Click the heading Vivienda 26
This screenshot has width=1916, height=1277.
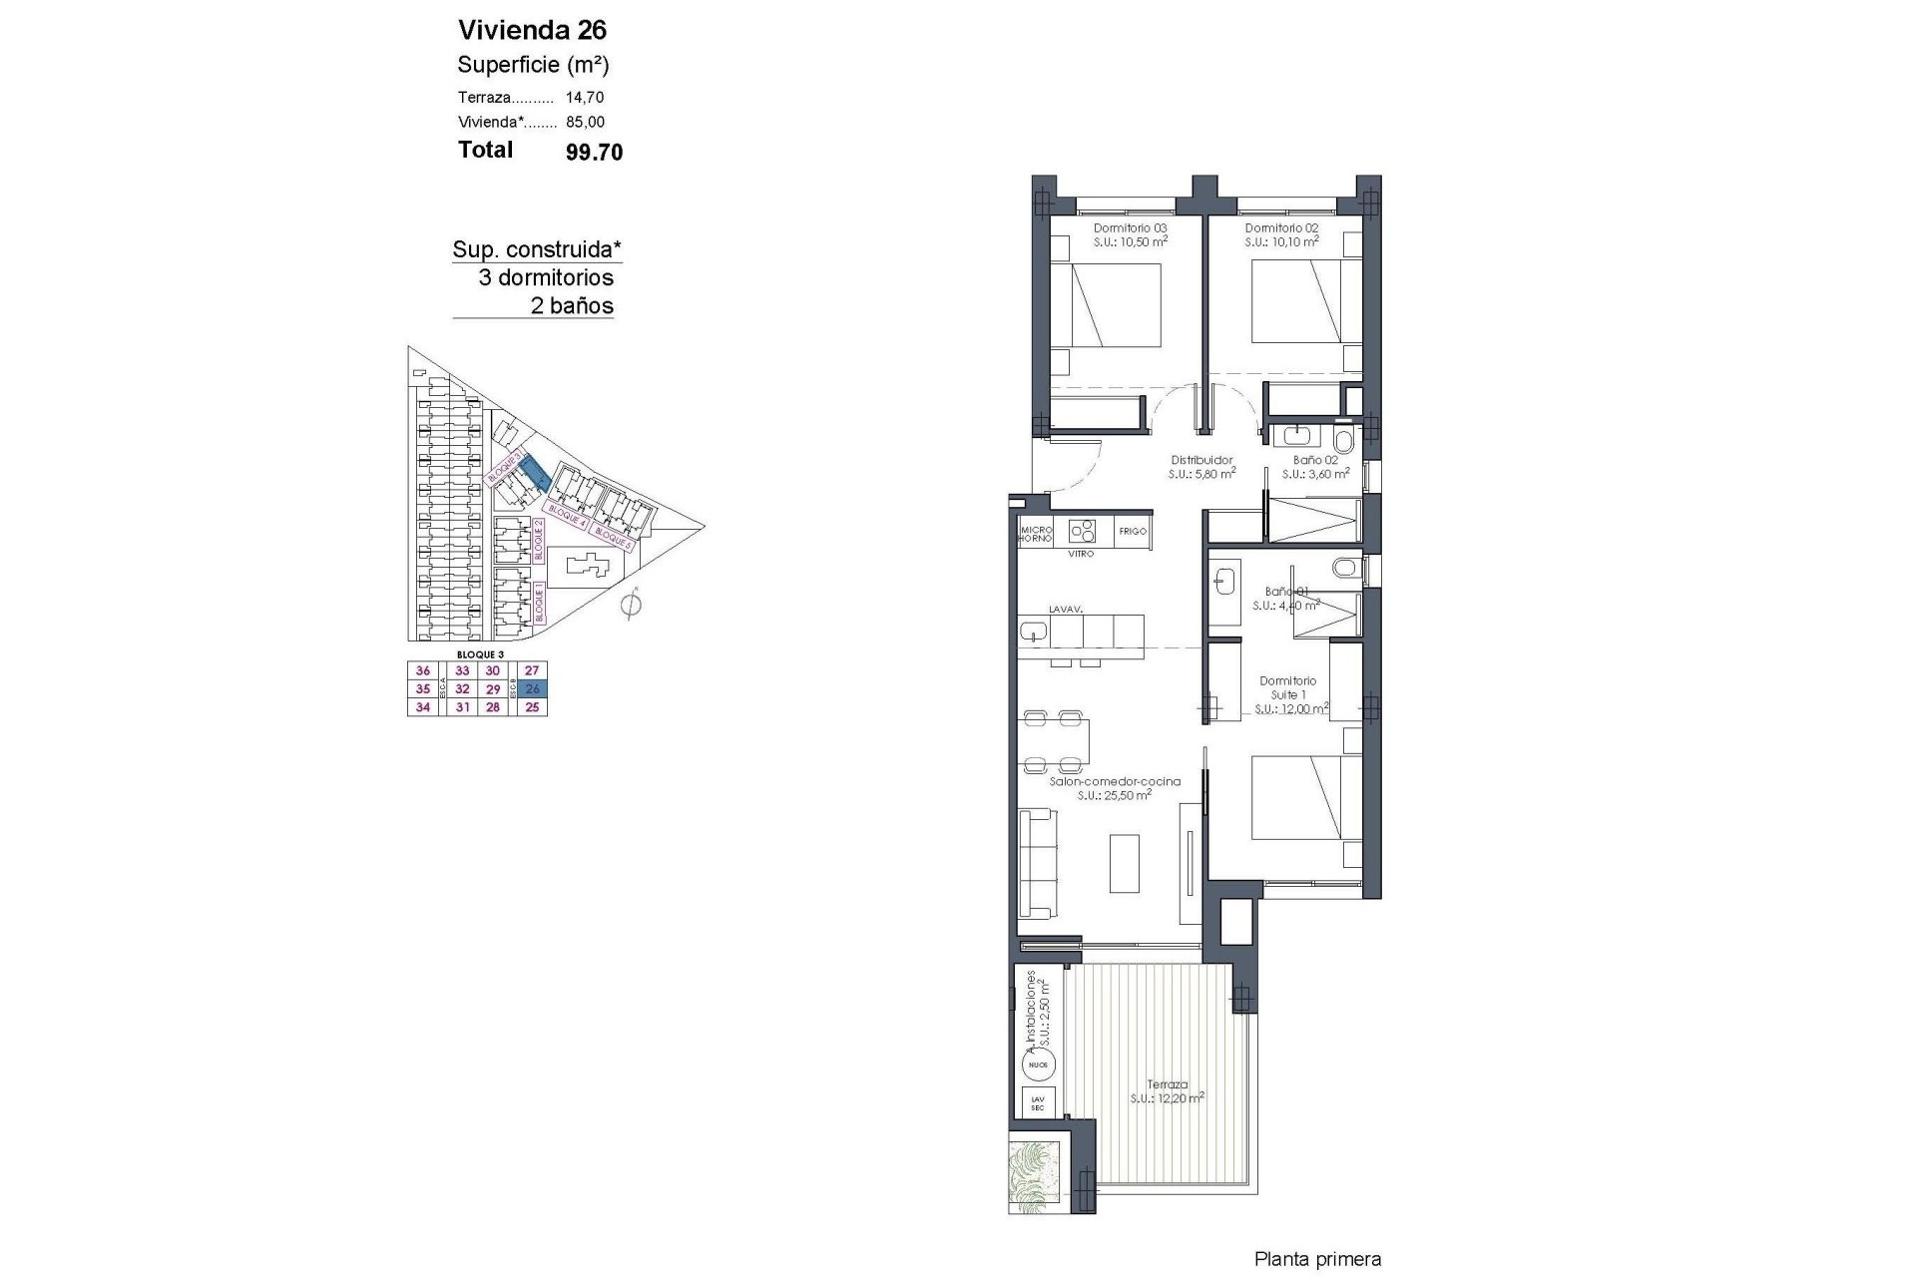532,29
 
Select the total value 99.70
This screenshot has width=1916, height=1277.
594,152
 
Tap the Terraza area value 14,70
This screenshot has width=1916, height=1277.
585,98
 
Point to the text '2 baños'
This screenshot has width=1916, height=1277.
572,306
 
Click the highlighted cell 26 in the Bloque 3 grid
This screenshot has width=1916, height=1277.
532,689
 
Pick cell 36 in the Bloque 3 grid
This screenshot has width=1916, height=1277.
423,671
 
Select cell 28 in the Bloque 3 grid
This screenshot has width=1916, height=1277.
492,707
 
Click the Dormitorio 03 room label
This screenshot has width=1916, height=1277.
1130,228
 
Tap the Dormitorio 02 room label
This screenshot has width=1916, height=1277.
1281,228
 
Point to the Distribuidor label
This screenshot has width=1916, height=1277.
1201,461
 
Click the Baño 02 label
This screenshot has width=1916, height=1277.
1314,461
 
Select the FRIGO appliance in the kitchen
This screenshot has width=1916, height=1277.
1133,532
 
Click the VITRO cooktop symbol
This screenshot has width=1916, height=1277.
1082,530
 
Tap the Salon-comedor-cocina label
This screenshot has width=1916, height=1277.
1115,782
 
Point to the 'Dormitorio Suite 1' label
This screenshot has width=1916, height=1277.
1287,688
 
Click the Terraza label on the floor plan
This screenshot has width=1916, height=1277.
1167,1084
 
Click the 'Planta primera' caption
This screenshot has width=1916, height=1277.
1317,1260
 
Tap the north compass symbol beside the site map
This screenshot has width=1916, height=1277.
630,605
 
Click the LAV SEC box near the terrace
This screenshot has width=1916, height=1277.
1038,1103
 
